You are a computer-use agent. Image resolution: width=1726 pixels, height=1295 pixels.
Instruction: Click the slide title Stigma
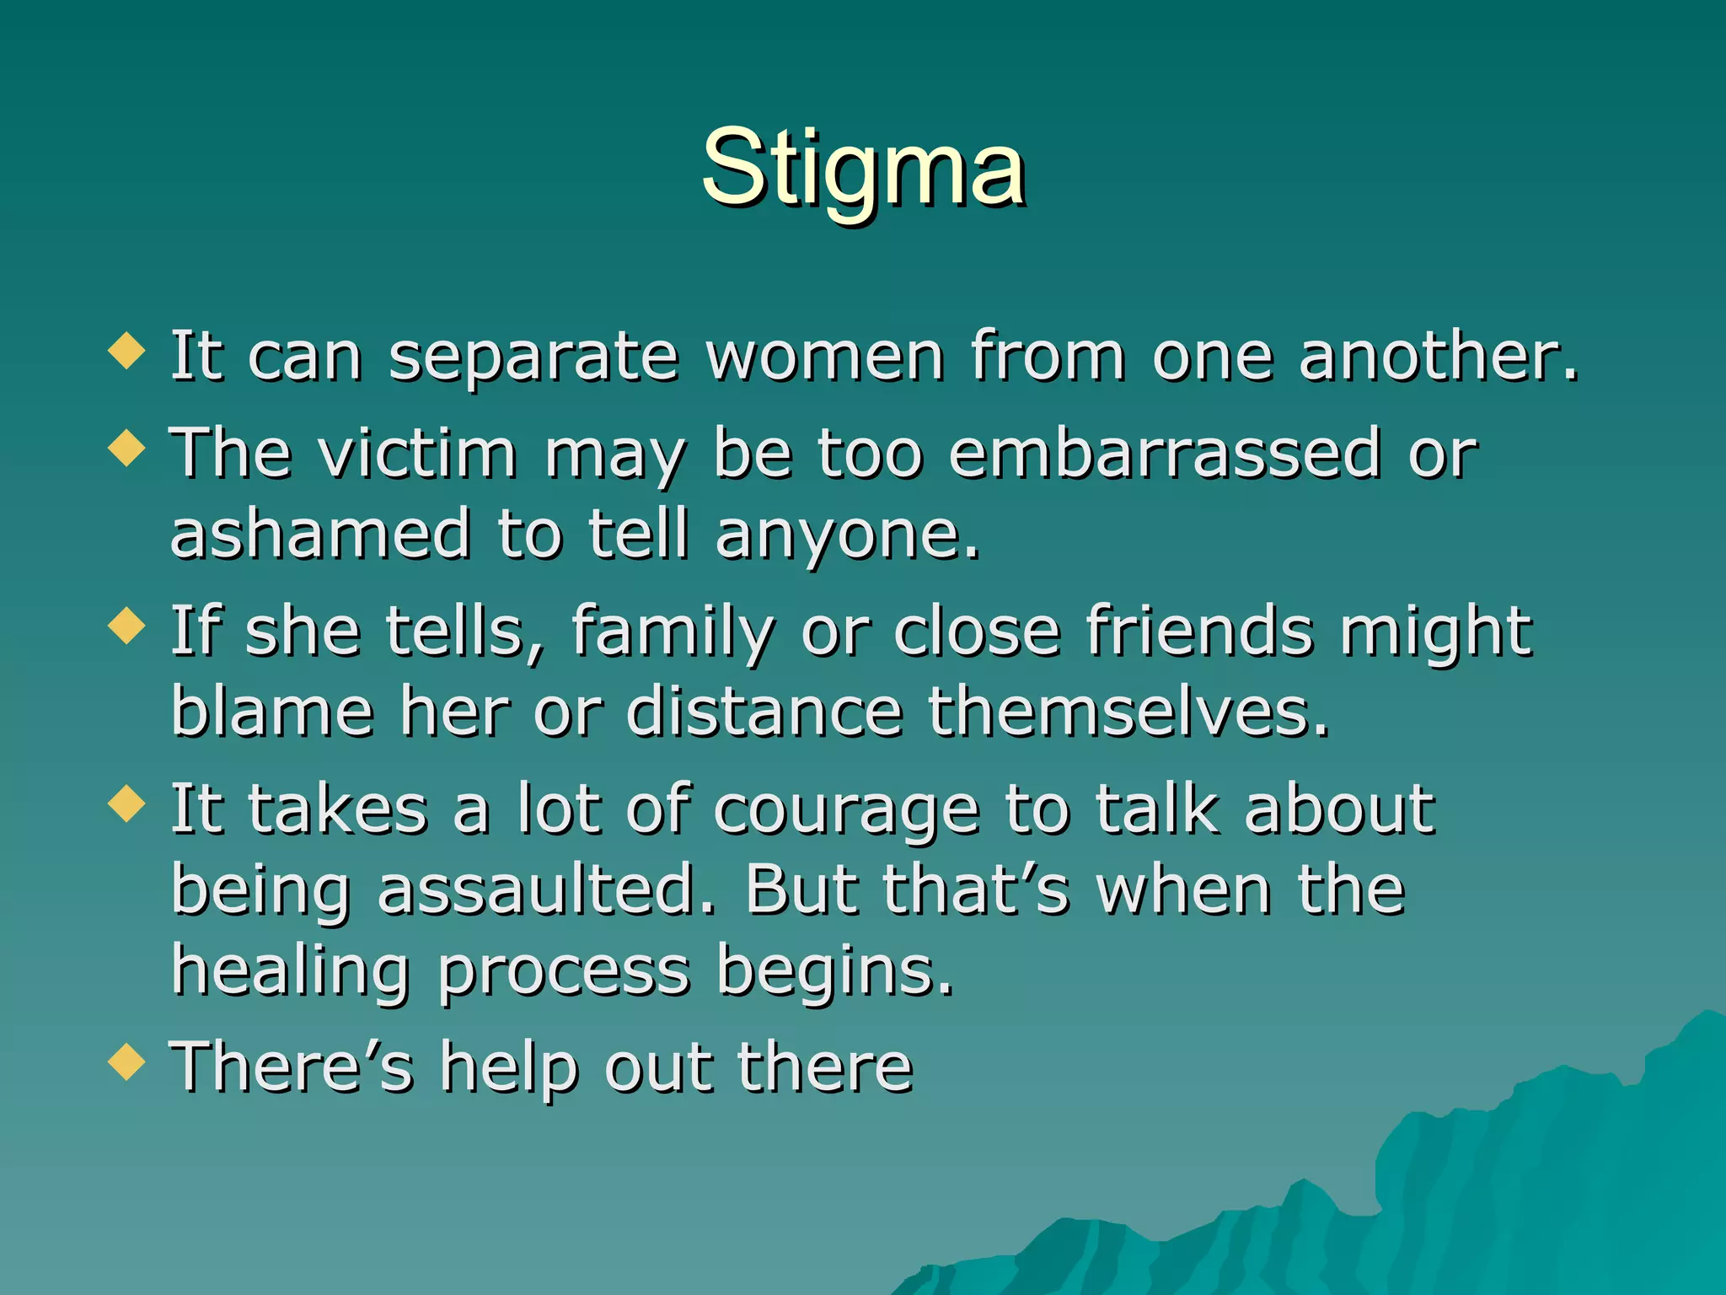tap(863, 169)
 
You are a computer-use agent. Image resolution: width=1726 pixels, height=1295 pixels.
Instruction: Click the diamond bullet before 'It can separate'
tap(127, 350)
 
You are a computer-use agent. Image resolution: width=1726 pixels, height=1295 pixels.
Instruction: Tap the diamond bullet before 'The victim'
tap(127, 448)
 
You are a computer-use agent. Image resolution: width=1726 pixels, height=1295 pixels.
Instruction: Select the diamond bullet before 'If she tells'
tap(127, 626)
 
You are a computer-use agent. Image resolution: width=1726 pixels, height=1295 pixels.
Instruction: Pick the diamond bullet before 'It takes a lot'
tap(127, 803)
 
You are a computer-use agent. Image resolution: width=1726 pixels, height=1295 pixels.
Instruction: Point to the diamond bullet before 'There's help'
tap(127, 1061)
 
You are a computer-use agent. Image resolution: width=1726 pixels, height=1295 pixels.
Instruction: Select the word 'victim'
tap(418, 454)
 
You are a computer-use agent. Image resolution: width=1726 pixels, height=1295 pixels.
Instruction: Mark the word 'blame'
tap(272, 712)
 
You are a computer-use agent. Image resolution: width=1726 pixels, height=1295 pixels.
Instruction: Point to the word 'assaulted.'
tap(546, 890)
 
